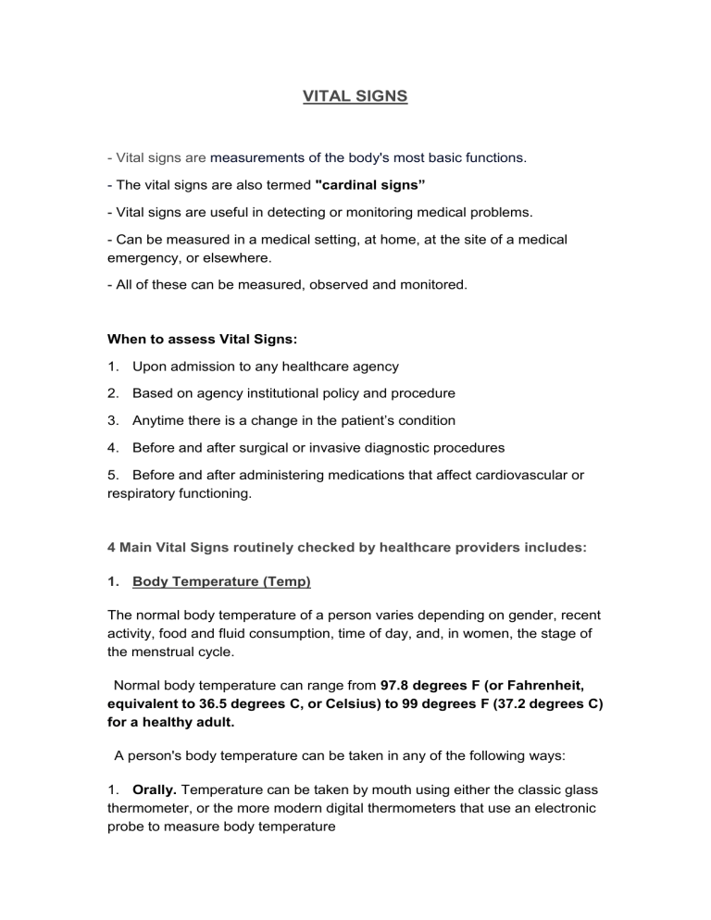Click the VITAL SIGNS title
355,95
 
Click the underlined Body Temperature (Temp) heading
221,582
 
